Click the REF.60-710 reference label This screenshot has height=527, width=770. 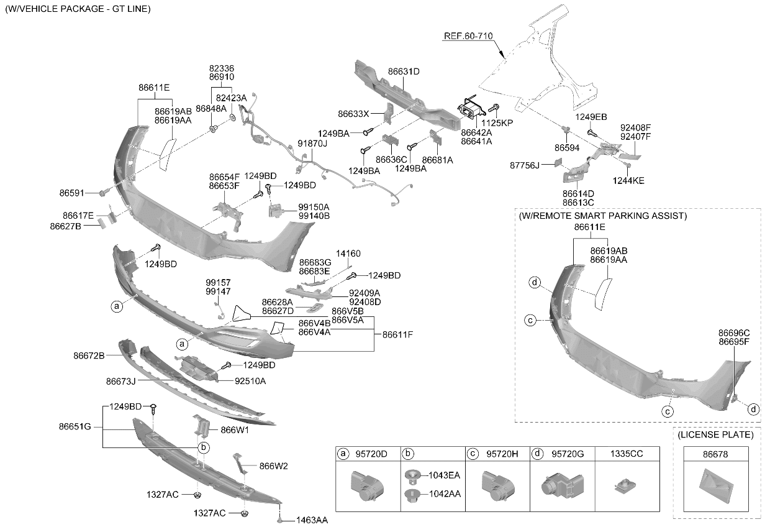[x=468, y=36]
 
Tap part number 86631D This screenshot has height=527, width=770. [x=404, y=71]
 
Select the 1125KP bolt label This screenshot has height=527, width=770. [x=497, y=123]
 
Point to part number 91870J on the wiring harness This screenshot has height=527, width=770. [x=312, y=144]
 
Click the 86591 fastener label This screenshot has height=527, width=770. [x=71, y=193]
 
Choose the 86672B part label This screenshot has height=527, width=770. [x=89, y=355]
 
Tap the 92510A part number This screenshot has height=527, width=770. [x=250, y=381]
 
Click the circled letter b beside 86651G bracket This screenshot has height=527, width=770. [x=204, y=447]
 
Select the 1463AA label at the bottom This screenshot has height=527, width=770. [x=312, y=520]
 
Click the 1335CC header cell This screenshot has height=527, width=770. [x=627, y=454]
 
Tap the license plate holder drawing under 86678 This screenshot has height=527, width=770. [x=716, y=486]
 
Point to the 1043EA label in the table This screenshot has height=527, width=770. [x=444, y=475]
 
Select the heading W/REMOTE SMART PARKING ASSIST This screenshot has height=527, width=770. [x=602, y=216]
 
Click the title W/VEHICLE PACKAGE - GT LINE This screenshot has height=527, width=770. [x=78, y=9]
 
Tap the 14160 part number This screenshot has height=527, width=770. [x=348, y=254]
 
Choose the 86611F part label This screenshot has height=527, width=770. [x=397, y=334]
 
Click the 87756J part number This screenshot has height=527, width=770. [x=525, y=165]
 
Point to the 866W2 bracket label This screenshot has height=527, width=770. [x=274, y=466]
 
